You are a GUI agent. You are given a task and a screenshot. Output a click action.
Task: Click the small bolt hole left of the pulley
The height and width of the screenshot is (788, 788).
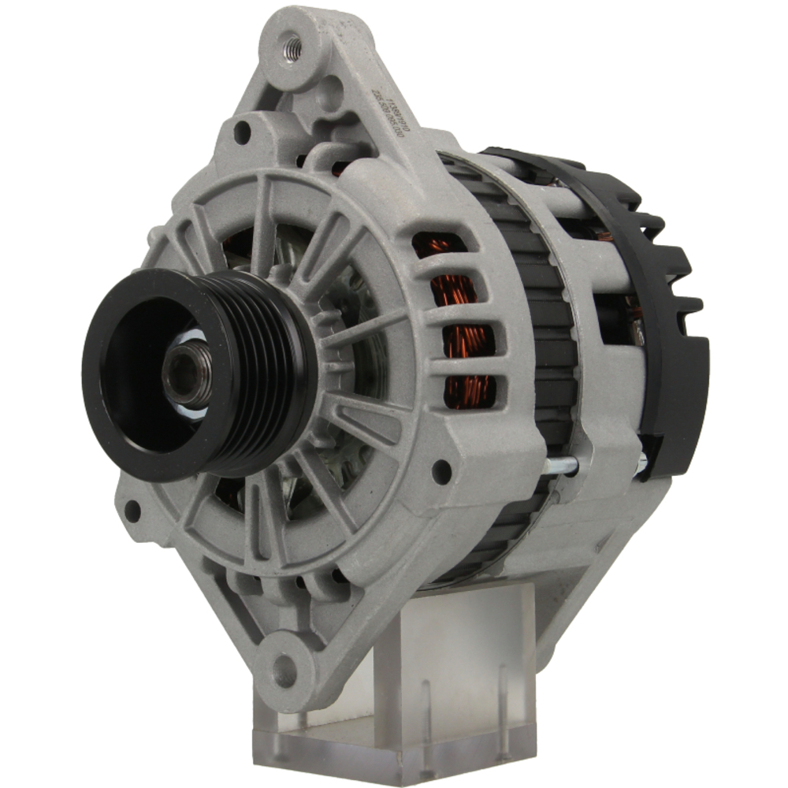coord(132,511)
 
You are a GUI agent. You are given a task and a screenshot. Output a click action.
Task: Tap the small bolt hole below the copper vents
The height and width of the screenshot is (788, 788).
coord(442,472)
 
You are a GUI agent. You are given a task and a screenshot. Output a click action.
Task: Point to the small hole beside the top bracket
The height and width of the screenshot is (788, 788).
coord(242,132)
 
